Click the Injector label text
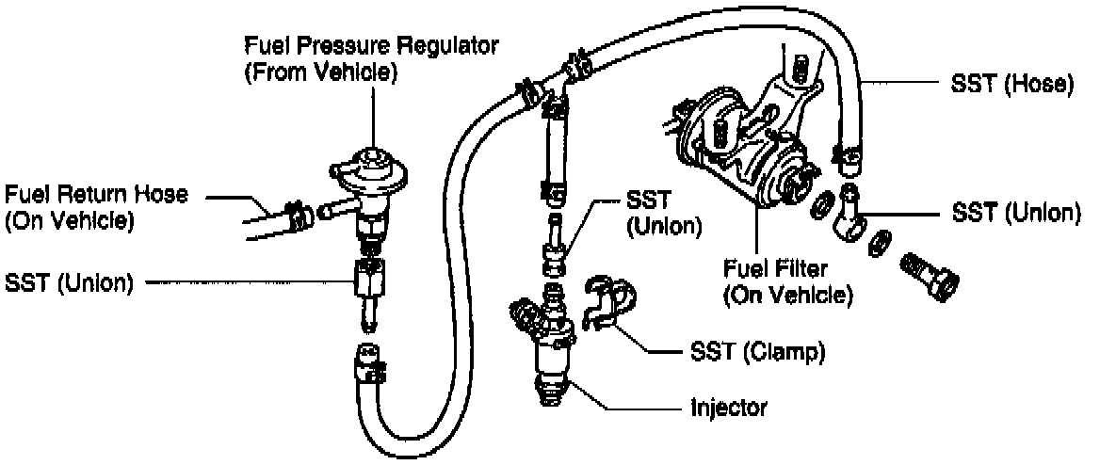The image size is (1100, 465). (x=729, y=409)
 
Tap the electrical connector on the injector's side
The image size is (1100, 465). (x=524, y=311)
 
